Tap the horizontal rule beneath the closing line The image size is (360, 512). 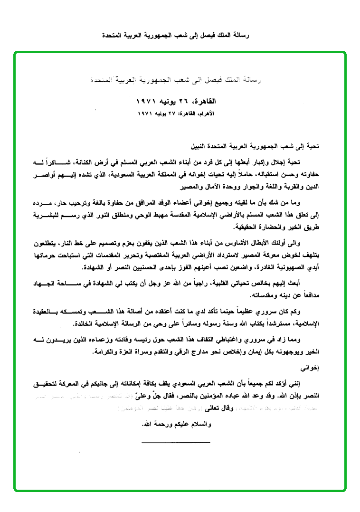coord(176,442)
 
